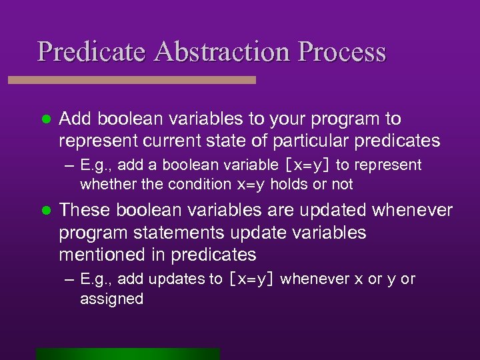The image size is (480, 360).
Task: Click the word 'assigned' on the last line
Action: click(x=111, y=299)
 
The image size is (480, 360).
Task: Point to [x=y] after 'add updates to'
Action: click(x=251, y=279)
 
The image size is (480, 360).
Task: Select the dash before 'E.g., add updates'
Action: click(x=69, y=279)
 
